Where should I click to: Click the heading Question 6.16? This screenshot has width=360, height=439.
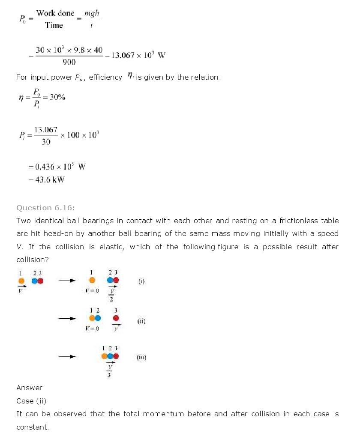click(x=45, y=208)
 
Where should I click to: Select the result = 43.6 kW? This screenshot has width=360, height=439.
click(x=47, y=180)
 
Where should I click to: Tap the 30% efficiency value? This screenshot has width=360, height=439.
click(x=57, y=97)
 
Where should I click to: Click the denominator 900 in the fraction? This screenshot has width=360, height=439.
click(x=69, y=63)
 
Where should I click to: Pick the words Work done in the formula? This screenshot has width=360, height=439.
click(x=55, y=13)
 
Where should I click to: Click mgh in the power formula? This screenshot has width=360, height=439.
click(x=92, y=14)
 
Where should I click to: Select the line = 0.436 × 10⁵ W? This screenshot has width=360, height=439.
click(x=57, y=167)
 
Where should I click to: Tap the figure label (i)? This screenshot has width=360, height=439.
click(x=142, y=281)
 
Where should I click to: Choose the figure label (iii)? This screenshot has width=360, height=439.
click(x=141, y=357)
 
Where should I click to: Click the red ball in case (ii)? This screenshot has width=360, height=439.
click(x=116, y=318)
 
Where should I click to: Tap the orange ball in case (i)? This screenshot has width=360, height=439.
click(x=92, y=281)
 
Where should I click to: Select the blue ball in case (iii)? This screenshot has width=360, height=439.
click(x=110, y=356)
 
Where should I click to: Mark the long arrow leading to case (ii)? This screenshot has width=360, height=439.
click(x=67, y=318)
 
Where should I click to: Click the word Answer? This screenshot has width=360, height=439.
click(x=29, y=388)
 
